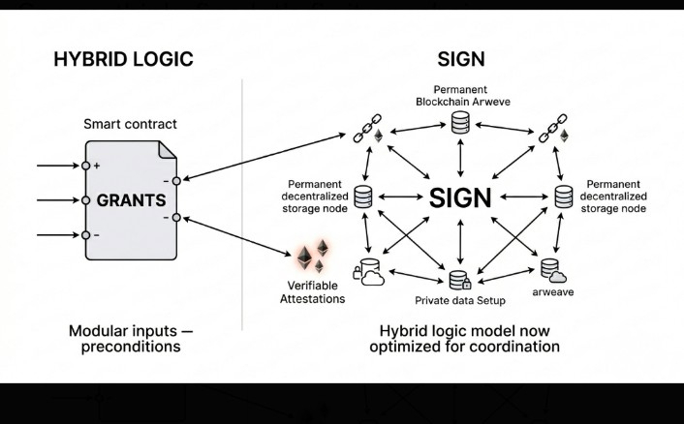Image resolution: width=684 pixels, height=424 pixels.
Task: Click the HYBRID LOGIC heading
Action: coord(123,59)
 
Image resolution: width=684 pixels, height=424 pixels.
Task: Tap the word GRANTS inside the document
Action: coord(132,200)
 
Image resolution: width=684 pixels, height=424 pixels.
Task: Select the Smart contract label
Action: coord(130,124)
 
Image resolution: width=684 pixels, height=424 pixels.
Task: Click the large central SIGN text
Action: coord(460,197)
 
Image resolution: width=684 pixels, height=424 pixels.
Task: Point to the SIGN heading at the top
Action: coord(461,59)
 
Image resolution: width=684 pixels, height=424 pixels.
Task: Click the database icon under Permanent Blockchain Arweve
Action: coord(460,122)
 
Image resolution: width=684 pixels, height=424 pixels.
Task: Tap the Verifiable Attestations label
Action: coord(312,292)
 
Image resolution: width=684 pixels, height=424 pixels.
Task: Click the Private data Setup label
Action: coord(460,301)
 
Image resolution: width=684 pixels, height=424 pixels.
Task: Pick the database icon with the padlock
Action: coord(460,280)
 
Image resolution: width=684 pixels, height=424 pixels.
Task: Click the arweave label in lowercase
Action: coord(552,292)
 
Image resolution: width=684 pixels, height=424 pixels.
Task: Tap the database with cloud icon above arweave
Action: coord(553,271)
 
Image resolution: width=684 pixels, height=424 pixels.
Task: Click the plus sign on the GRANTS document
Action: coord(97,166)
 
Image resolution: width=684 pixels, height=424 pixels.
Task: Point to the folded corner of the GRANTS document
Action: coord(168,149)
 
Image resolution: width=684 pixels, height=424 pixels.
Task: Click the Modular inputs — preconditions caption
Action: coord(131,339)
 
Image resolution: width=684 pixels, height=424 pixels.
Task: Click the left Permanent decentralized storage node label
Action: coord(315,197)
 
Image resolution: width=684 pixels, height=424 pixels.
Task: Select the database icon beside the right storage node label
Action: coord(564,197)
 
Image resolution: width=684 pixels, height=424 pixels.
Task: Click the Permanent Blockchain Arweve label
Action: coord(462,96)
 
